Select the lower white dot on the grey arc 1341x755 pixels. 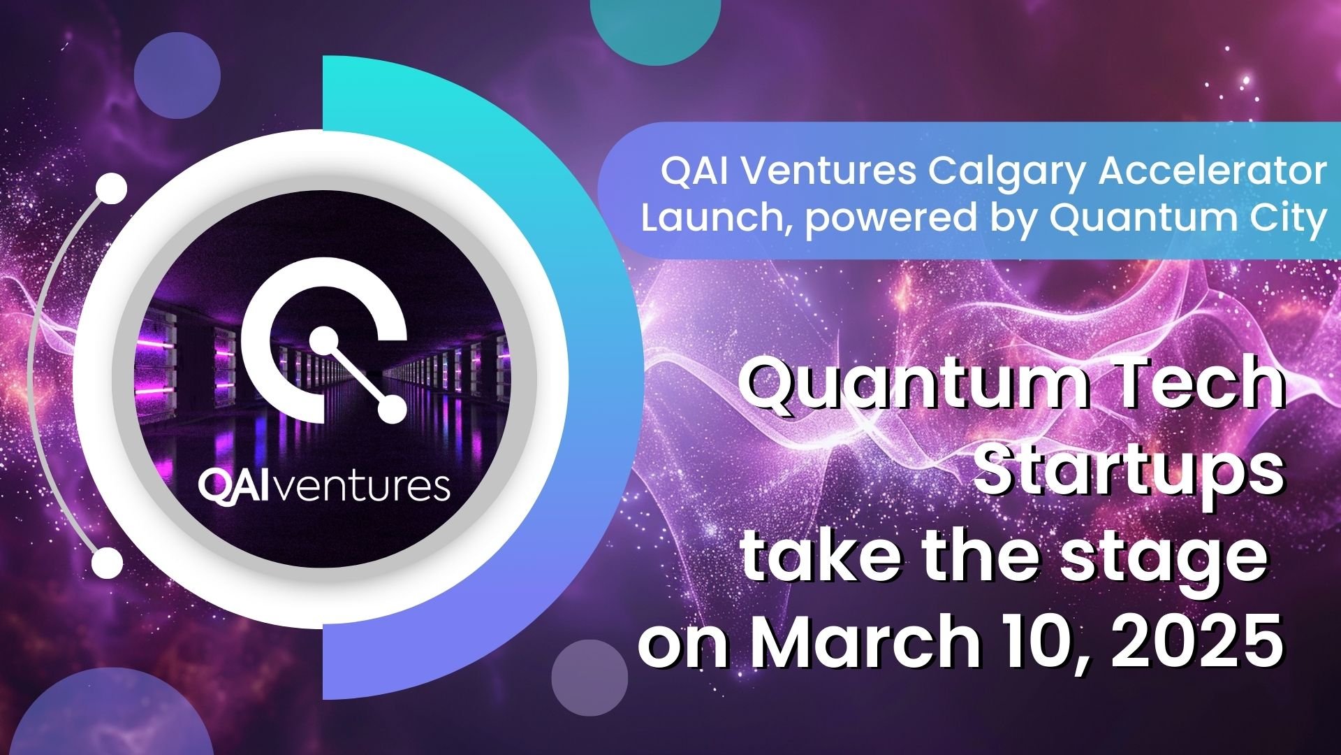coord(107,562)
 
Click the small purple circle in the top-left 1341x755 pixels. coord(177,75)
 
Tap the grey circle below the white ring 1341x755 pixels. coord(589,677)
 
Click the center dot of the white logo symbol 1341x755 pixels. coord(323,340)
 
